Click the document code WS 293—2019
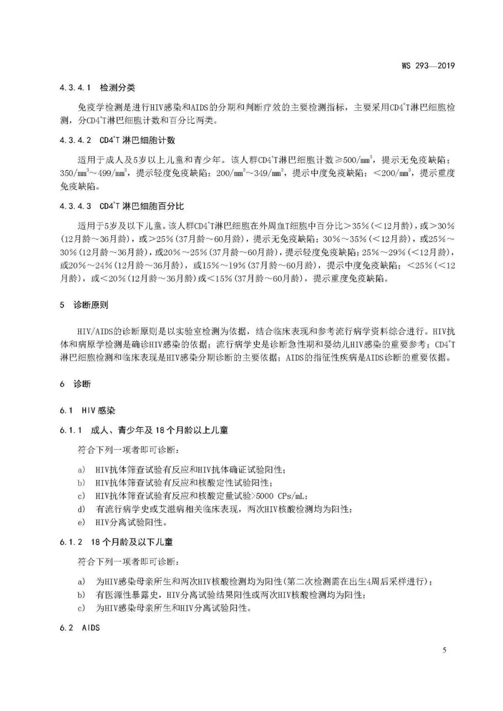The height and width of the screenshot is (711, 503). pos(428,66)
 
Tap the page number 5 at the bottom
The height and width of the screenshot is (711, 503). pos(444,650)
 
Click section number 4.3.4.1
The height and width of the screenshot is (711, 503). pos(75,88)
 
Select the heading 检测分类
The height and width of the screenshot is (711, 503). pos(117,88)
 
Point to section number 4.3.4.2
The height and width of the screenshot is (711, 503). pos(75,140)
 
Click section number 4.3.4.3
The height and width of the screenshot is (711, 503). pos(75,206)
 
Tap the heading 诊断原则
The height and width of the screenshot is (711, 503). pos(91,305)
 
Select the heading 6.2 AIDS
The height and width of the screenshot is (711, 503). pos(80,628)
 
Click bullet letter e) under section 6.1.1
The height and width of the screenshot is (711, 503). pos(82,522)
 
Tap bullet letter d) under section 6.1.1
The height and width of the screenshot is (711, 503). pos(82,509)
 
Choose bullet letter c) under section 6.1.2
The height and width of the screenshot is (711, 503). pos(82,608)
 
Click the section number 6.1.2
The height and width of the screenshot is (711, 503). pos(71,542)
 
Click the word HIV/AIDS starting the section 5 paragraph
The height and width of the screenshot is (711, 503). pos(94,332)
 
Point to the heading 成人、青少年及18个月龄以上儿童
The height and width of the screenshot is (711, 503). pos(159,430)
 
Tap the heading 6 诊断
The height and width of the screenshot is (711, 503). pos(75,384)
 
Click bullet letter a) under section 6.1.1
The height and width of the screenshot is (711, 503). pos(82,470)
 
